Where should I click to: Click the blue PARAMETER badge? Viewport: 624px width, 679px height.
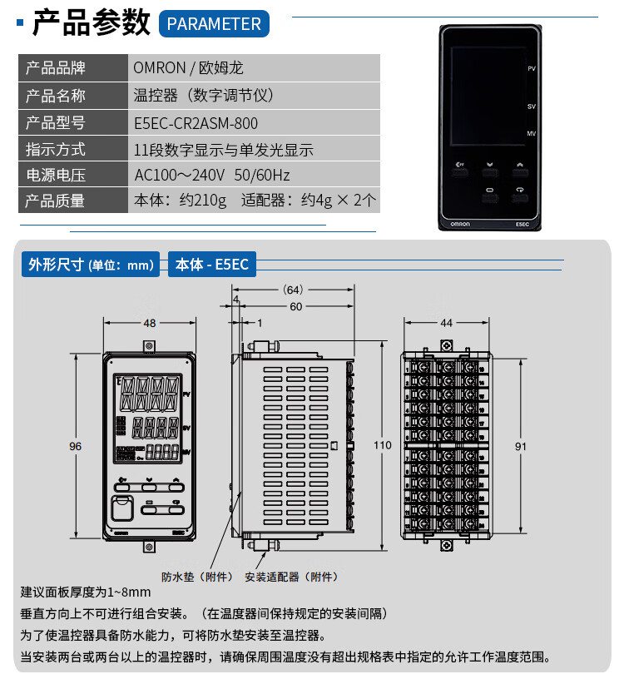click(x=214, y=23)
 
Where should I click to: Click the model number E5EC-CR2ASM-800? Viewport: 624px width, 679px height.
click(x=196, y=123)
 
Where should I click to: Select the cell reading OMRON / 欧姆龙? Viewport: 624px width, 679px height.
click(x=188, y=68)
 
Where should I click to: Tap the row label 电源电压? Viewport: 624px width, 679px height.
click(x=56, y=176)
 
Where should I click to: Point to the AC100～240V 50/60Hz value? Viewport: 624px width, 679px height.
click(x=211, y=176)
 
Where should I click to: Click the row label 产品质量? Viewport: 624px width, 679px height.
click(x=56, y=201)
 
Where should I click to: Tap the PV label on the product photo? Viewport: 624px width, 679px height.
click(x=531, y=67)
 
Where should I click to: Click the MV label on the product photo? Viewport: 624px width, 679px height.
click(x=531, y=133)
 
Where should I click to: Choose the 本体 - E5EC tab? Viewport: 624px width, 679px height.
click(x=211, y=265)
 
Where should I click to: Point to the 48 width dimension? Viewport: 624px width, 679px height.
click(x=149, y=323)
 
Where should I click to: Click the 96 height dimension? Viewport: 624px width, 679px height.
click(x=76, y=447)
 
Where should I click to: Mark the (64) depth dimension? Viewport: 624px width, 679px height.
click(x=293, y=290)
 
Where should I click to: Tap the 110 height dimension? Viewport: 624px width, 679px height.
click(x=382, y=445)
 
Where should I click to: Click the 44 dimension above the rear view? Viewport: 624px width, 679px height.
click(x=446, y=323)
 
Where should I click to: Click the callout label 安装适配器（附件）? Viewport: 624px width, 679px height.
click(x=291, y=577)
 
